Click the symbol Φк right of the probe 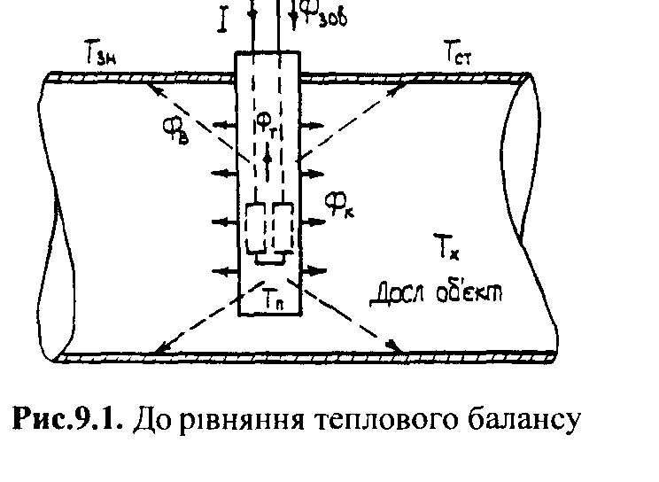coord(340,206)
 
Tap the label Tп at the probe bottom coord(272,302)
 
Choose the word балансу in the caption coord(509,421)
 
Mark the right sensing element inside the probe coord(283,229)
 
